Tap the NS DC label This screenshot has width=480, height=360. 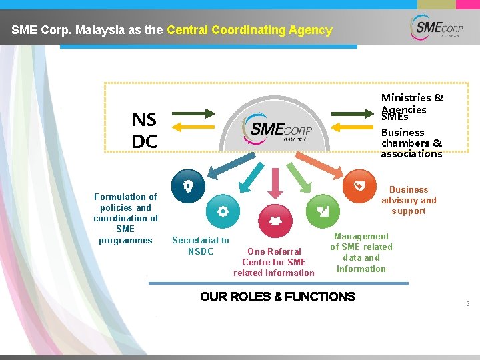[x=144, y=131]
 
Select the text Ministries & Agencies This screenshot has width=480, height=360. [x=412, y=103]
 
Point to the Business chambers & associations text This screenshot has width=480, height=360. [x=411, y=143]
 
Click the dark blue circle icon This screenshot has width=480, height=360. [x=188, y=186]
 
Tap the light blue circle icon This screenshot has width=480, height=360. [x=223, y=211]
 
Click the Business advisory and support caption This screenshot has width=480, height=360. [x=409, y=200]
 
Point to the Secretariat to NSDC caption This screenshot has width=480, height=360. [x=200, y=245]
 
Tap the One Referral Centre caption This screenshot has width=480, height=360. [x=274, y=262]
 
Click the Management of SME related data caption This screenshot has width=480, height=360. [x=361, y=252]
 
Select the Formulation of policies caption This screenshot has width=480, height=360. [x=125, y=218]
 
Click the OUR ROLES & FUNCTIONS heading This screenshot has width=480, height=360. [x=277, y=297]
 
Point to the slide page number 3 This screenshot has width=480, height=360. [x=468, y=304]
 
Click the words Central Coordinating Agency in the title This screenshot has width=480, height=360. [x=249, y=30]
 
